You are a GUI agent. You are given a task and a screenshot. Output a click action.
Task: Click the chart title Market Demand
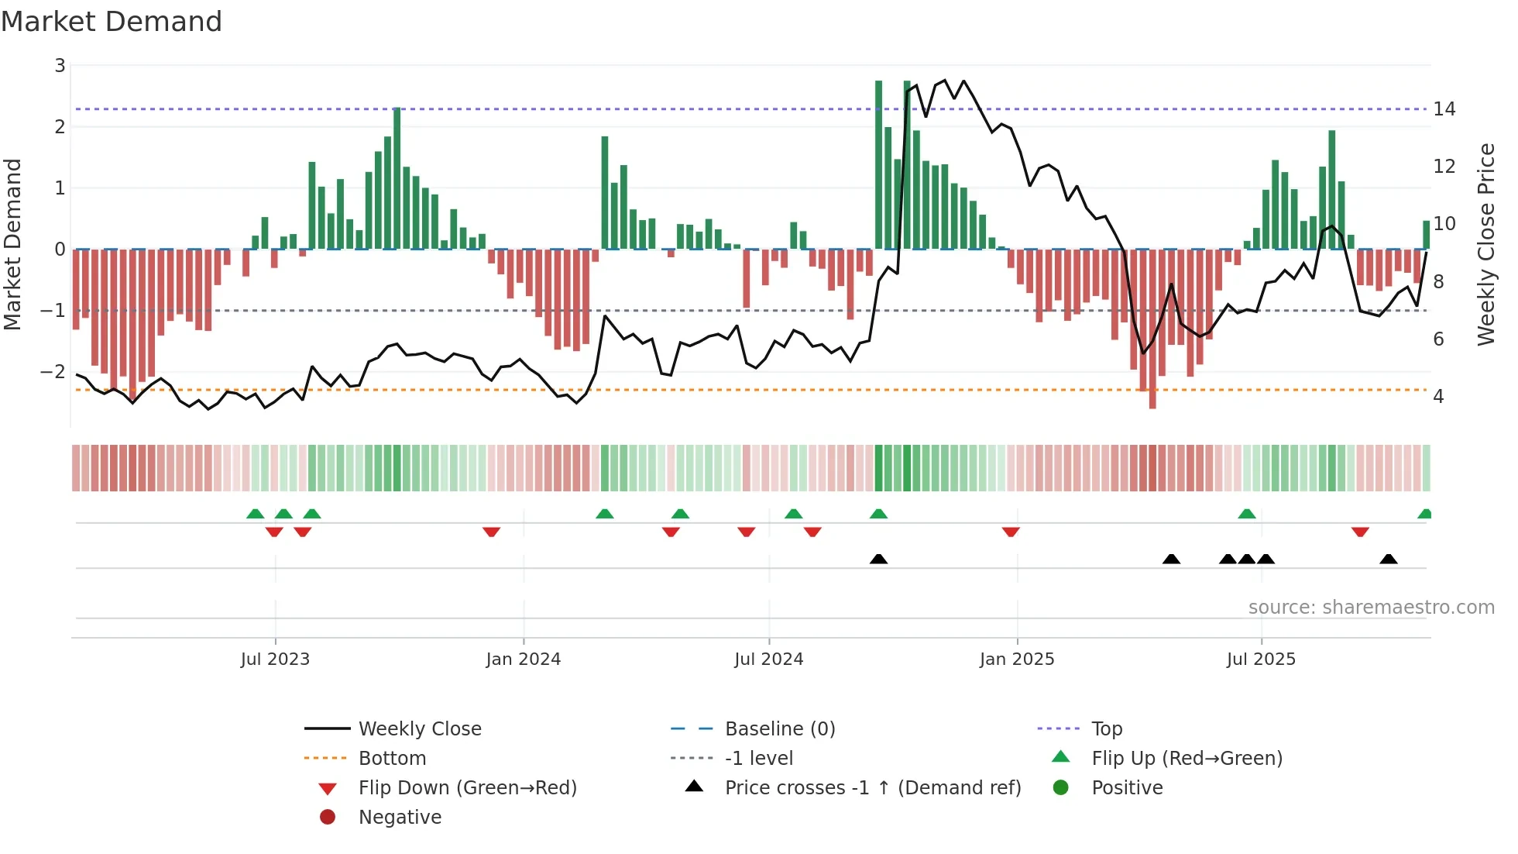[112, 22]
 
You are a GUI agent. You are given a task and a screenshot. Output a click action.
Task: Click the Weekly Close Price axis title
[1485, 244]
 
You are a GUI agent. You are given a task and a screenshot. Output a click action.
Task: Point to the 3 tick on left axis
[60, 66]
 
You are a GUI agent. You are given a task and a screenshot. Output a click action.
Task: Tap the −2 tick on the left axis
[53, 372]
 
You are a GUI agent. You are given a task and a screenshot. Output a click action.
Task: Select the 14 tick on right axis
[1444, 109]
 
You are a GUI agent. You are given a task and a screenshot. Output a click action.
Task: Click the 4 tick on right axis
[1438, 397]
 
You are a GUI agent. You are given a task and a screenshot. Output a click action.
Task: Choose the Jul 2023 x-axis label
[275, 659]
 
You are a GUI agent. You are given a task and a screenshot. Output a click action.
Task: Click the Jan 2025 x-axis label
[1016, 659]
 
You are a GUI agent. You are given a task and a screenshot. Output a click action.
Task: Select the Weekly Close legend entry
[419, 729]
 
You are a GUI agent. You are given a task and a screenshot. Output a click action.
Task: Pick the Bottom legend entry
[392, 759]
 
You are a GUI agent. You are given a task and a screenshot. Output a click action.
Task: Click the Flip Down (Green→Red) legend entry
[467, 788]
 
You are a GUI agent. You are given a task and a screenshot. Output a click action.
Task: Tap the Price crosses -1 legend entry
[872, 788]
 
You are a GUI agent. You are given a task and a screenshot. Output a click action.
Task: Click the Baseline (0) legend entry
[779, 729]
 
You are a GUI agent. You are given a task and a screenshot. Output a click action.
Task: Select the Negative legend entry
[400, 818]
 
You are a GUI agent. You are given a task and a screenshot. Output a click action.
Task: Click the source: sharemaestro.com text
[1371, 608]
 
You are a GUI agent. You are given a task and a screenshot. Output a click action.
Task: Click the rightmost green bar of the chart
[1426, 235]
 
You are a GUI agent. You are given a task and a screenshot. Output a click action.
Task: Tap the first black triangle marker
[878, 559]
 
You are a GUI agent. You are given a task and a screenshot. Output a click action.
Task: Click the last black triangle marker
[1389, 559]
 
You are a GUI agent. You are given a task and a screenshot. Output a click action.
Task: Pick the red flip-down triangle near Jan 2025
[1011, 532]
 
